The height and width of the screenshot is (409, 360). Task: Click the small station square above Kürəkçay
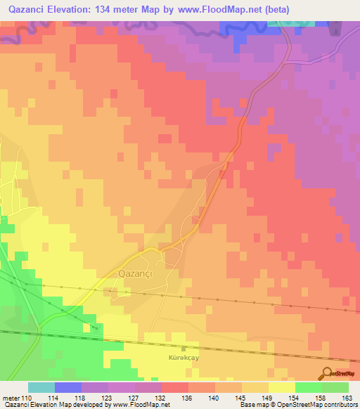pyautogui.click(x=185, y=348)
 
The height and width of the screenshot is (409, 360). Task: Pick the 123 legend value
pyautogui.click(x=108, y=398)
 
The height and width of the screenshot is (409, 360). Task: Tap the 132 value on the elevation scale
pyautogui.click(x=161, y=398)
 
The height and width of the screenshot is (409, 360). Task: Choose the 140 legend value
pyautogui.click(x=214, y=398)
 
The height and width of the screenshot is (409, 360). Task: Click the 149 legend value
pyautogui.click(x=268, y=398)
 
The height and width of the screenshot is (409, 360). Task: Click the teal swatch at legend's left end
pyautogui.click(x=41, y=387)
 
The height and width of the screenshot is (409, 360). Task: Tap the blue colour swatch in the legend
pyautogui.click(x=68, y=387)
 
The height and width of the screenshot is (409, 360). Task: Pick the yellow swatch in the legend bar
pyautogui.click(x=281, y=387)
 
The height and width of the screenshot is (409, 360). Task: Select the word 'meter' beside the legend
pyautogui.click(x=11, y=398)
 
